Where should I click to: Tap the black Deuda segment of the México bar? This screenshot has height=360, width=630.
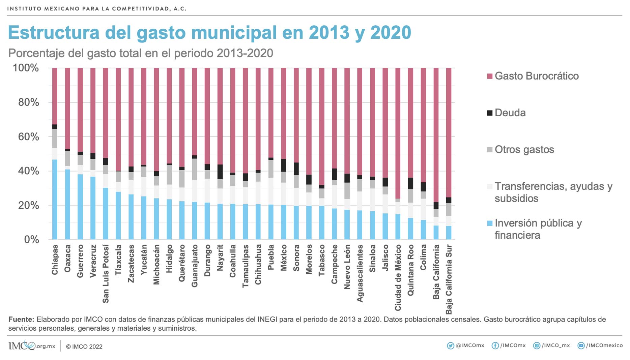(x=284, y=165)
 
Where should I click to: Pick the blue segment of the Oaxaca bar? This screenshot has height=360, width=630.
(x=67, y=204)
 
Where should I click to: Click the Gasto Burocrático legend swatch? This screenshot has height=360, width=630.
(x=490, y=76)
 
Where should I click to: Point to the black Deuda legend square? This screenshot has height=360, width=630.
(x=490, y=113)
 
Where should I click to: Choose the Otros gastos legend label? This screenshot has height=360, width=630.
(x=524, y=150)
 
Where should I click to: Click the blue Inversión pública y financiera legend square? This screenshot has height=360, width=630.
(x=490, y=223)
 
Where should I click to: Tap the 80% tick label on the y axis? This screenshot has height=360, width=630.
(x=28, y=102)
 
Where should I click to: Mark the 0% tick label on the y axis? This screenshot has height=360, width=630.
(x=31, y=240)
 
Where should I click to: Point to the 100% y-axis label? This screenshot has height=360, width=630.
(x=26, y=68)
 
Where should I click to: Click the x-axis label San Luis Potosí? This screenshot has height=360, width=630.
(x=106, y=273)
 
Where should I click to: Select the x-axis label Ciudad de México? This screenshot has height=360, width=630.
(x=398, y=277)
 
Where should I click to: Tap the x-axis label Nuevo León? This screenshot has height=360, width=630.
(x=347, y=267)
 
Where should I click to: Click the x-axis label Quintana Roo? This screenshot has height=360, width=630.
(x=410, y=270)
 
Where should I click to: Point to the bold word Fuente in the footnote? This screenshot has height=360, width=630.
(x=21, y=319)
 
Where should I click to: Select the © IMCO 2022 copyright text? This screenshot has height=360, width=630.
(x=84, y=347)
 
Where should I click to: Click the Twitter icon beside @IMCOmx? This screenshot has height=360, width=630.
(x=450, y=346)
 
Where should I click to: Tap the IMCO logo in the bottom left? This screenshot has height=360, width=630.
(x=22, y=346)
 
